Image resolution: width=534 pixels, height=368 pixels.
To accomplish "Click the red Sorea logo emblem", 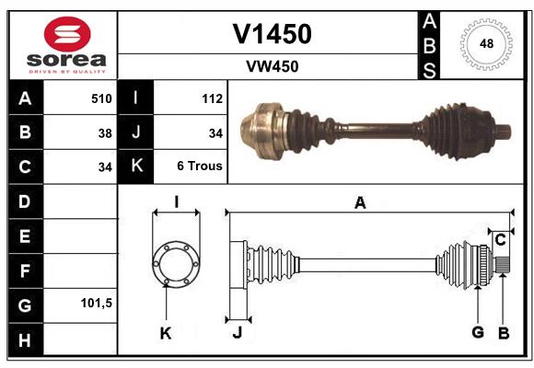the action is click(x=67, y=34).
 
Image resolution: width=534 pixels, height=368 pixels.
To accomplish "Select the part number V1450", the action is click(x=272, y=34).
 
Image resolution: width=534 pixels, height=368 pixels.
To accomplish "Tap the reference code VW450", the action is click(x=273, y=66).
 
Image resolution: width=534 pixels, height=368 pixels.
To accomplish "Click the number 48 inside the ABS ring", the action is click(x=486, y=43).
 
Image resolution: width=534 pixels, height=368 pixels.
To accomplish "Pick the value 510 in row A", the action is click(x=101, y=98).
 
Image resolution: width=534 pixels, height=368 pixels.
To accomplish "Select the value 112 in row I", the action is click(x=212, y=98).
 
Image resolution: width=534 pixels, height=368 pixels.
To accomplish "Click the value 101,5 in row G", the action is click(x=97, y=303).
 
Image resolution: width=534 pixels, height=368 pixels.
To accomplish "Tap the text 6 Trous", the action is click(x=200, y=166).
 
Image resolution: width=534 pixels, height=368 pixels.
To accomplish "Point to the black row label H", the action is click(x=26, y=339).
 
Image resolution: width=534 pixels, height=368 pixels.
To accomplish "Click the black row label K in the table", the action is click(x=136, y=166).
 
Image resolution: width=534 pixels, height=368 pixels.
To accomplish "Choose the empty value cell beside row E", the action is click(x=80, y=236).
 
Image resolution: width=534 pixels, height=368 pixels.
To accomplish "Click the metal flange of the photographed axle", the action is click(x=262, y=131).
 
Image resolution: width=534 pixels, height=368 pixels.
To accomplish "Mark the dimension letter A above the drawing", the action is click(x=360, y=203).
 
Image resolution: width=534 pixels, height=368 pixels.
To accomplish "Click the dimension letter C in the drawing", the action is click(x=500, y=240).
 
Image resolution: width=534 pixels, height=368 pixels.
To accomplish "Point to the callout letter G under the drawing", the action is click(x=478, y=332).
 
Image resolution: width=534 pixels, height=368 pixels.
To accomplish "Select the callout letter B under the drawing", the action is click(x=504, y=333).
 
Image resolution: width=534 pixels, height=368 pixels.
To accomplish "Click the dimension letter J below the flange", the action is click(x=238, y=332).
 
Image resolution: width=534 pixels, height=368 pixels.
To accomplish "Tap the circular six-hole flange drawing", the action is click(x=176, y=264).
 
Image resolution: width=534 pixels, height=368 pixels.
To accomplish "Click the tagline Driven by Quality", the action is click(x=67, y=72).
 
